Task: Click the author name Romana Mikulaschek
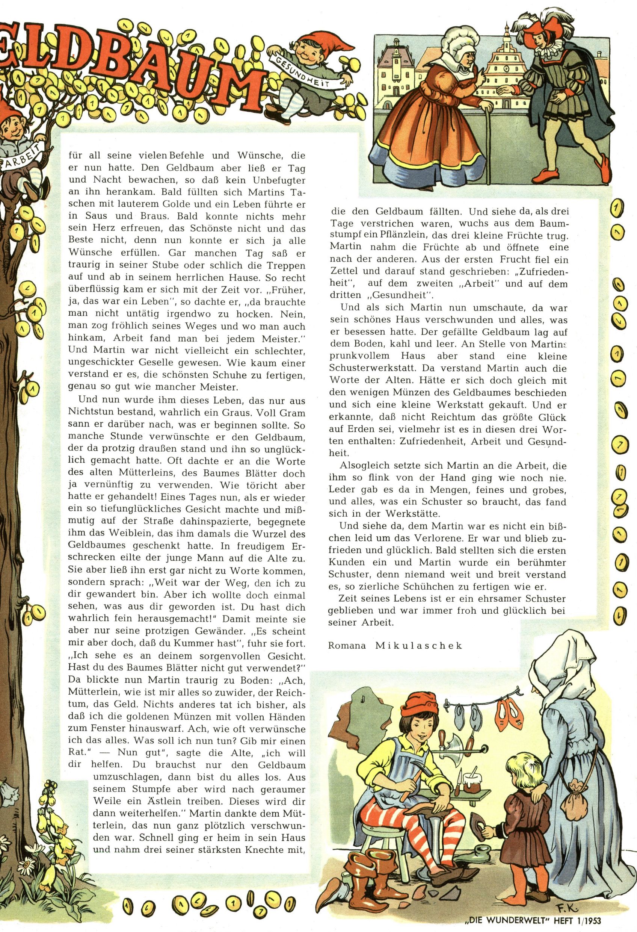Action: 395,645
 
